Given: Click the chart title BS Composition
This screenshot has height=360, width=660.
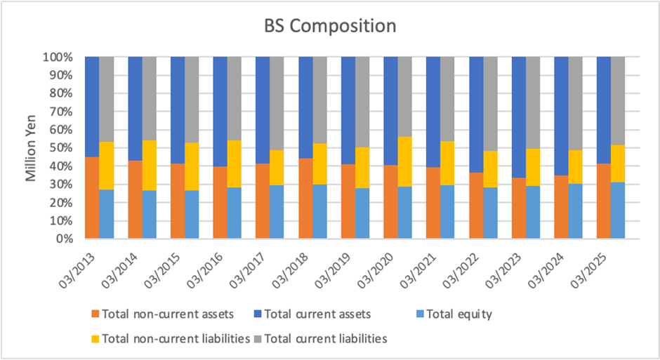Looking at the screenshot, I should click(x=330, y=27).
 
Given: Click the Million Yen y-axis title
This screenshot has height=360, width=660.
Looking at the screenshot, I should click(x=32, y=147).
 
